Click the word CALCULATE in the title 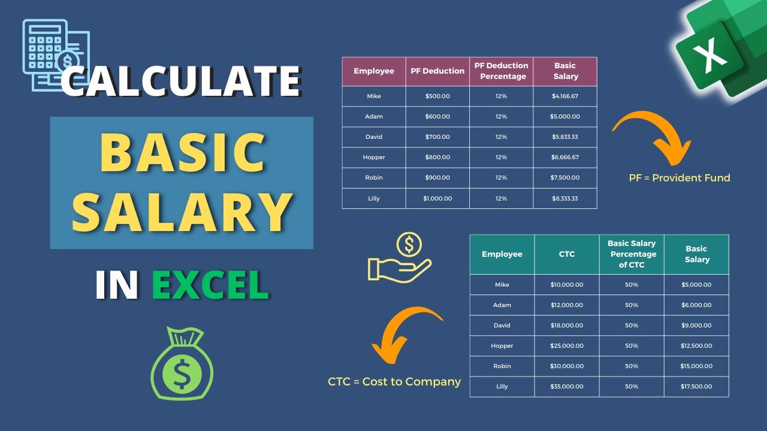pos(180,81)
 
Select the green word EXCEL pos(210,285)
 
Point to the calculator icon pos(55,54)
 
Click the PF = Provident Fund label pos(680,178)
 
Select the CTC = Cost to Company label pos(394,381)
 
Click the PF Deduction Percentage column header pos(501,71)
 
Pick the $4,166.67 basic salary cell pos(565,96)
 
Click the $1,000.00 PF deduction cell pos(437,198)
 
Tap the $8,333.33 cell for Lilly pos(565,198)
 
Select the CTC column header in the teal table pos(567,254)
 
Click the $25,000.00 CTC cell pos(567,345)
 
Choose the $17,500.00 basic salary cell pos(697,386)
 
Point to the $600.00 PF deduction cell pos(437,116)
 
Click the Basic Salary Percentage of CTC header pos(632,254)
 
